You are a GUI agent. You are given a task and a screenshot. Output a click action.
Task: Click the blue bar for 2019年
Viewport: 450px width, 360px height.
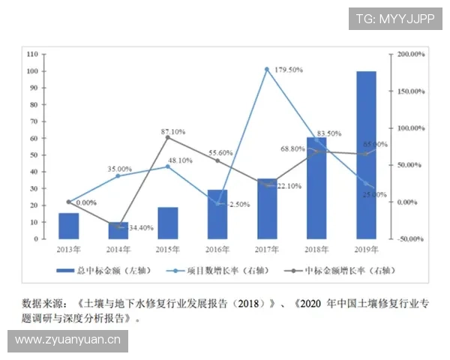[x=366, y=155]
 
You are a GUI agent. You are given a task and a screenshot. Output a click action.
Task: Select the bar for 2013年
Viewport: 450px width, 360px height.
[x=69, y=226]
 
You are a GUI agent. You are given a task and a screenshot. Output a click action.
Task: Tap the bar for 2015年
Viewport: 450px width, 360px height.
[x=168, y=223]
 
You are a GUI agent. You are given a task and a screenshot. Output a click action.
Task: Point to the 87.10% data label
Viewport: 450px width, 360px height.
[x=173, y=132]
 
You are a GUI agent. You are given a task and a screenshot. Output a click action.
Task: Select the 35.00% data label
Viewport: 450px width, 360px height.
[x=119, y=169]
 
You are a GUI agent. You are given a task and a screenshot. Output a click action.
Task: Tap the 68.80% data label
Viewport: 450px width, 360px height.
[x=292, y=148]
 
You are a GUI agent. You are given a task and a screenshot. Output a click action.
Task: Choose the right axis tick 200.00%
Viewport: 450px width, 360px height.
[x=412, y=55]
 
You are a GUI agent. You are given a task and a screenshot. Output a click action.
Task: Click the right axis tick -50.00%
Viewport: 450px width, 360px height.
[x=412, y=239]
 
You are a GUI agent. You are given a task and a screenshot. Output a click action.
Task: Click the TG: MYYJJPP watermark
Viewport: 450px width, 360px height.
[x=394, y=19]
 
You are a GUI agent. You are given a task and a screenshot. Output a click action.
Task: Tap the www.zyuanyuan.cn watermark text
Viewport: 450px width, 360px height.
[x=68, y=341]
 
